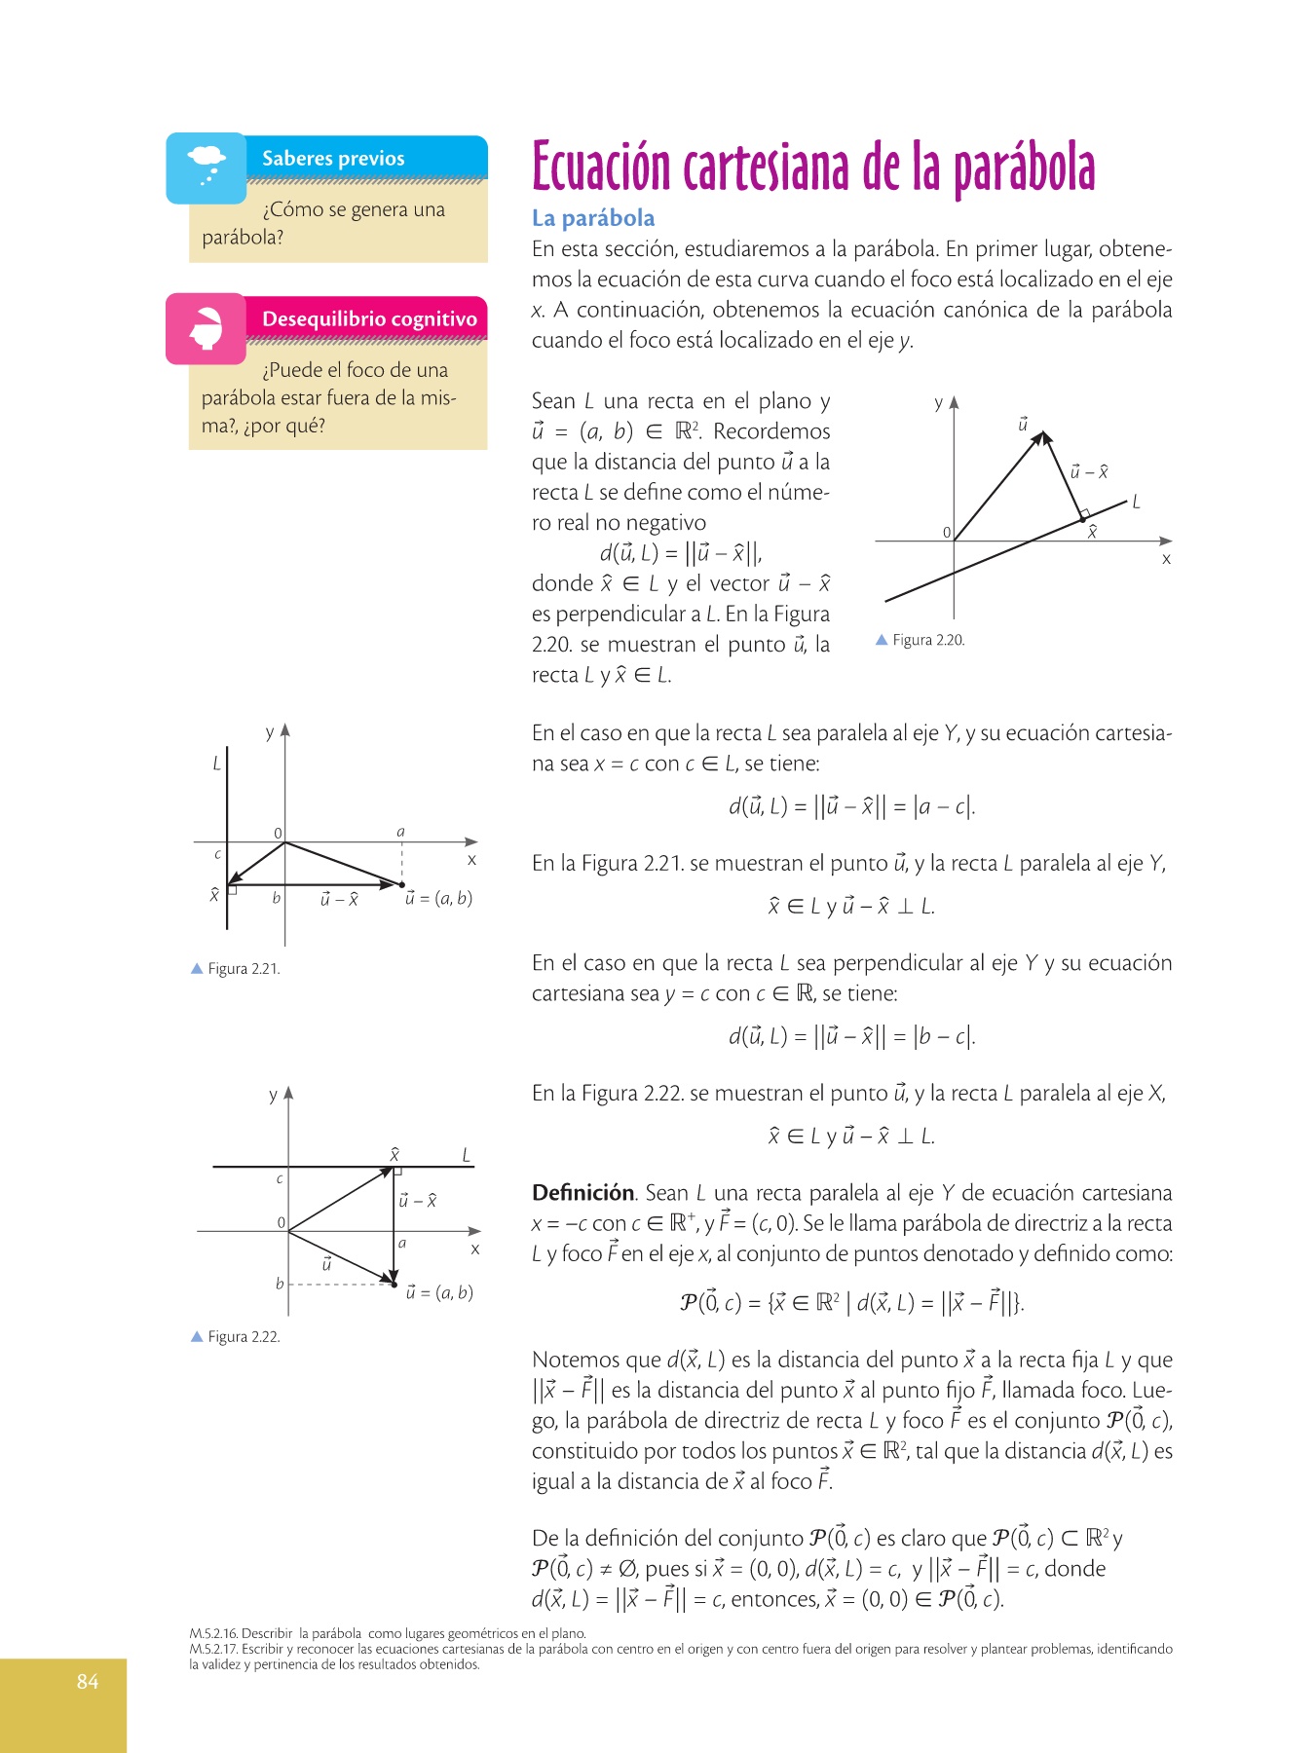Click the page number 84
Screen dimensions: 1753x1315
[x=88, y=1681]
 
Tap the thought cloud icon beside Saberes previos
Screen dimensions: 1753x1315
[x=207, y=166]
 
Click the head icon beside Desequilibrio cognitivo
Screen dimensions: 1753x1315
[x=207, y=328]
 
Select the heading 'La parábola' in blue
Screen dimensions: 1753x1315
[x=592, y=218]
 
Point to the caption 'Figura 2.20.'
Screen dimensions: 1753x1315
[x=928, y=640]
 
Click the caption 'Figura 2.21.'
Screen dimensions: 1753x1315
[x=244, y=969]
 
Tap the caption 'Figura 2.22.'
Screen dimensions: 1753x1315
[x=244, y=1337]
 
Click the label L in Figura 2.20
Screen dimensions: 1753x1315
[x=1136, y=503]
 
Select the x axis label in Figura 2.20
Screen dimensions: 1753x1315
[x=1166, y=559]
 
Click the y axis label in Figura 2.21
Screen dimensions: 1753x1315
[x=270, y=732]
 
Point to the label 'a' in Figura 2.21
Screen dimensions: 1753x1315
[x=400, y=832]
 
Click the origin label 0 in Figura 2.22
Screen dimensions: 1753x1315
[x=281, y=1223]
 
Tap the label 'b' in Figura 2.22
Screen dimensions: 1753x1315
[x=280, y=1284]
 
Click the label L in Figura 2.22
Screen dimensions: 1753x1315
[x=467, y=1155]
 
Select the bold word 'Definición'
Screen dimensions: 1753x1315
[x=582, y=1193]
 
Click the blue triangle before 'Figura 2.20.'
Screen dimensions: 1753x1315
[x=882, y=640]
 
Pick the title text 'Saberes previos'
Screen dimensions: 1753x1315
[x=333, y=159]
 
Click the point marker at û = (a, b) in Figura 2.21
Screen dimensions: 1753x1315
[x=402, y=885]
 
